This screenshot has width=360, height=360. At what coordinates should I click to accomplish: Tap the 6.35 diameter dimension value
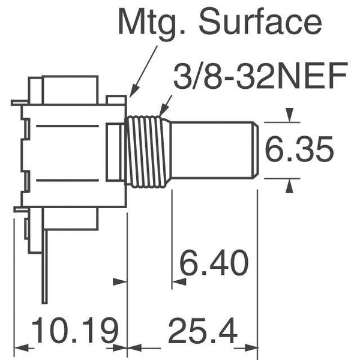coord(299,151)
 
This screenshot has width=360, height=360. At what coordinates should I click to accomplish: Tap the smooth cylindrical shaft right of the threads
coord(210,150)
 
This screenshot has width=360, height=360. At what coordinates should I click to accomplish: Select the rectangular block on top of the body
coord(69,89)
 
